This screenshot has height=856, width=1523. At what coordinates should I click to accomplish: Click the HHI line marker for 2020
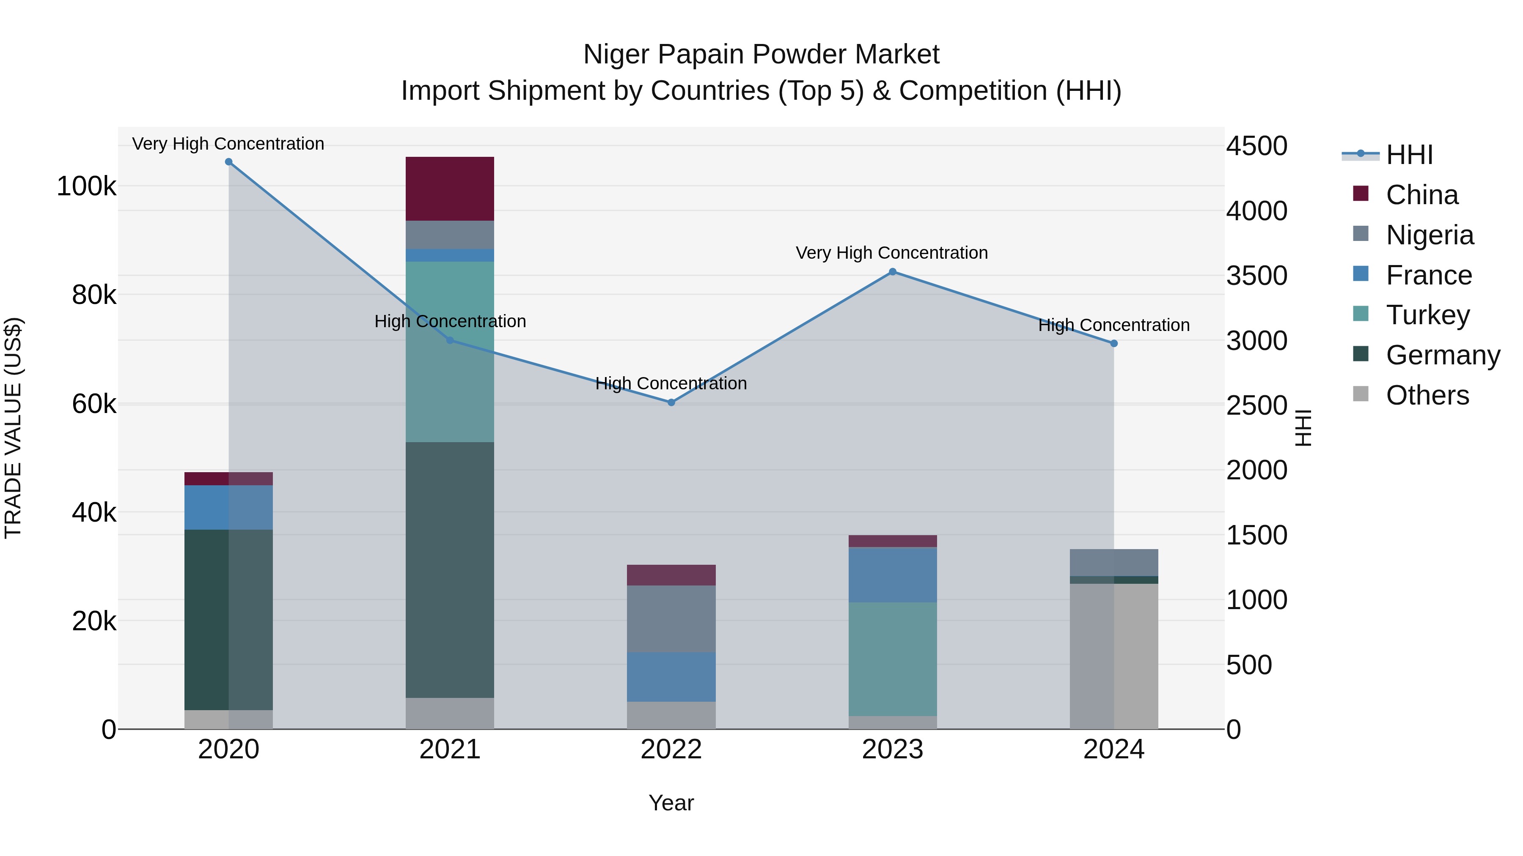[x=229, y=162]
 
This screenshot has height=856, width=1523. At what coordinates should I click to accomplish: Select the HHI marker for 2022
[x=671, y=402]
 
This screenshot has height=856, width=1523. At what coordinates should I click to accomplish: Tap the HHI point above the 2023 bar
[x=893, y=272]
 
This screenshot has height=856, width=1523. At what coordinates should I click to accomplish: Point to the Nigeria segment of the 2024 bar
[x=1114, y=562]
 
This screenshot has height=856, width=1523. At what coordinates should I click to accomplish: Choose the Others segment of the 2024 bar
[x=1114, y=656]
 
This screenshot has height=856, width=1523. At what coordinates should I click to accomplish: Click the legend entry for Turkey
[x=1427, y=315]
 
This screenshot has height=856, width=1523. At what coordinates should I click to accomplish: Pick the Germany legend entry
[x=1443, y=355]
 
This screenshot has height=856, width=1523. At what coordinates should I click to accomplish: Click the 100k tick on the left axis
[x=86, y=187]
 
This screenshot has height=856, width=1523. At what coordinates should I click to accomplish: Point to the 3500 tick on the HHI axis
[x=1256, y=276]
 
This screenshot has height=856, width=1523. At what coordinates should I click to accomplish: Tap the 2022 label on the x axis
[x=671, y=749]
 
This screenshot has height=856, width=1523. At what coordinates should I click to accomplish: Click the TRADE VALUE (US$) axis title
[x=13, y=428]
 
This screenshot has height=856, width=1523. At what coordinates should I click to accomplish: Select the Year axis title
[x=671, y=803]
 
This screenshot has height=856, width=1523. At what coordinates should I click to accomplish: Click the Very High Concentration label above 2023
[x=891, y=253]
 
